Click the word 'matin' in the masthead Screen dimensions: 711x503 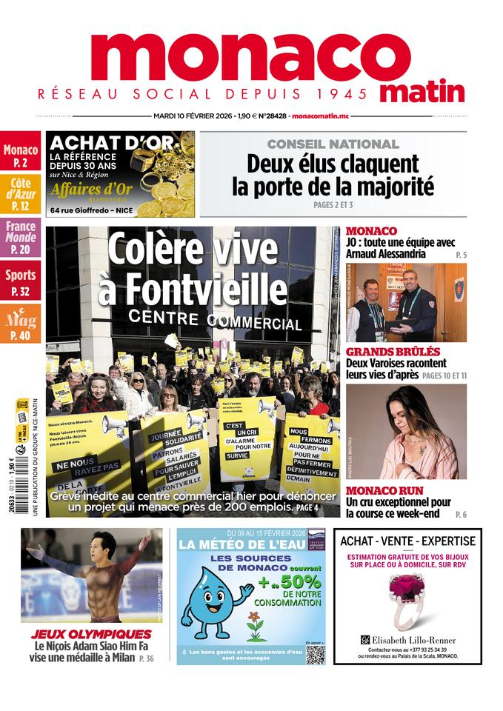pyautogui.click(x=422, y=92)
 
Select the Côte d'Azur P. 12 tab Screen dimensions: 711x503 pyautogui.click(x=20, y=193)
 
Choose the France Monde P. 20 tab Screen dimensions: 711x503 pyautogui.click(x=20, y=237)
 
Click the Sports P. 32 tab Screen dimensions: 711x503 pyautogui.click(x=20, y=281)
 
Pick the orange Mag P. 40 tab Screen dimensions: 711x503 pyautogui.click(x=20, y=324)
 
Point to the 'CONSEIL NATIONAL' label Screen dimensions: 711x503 pyautogui.click(x=333, y=144)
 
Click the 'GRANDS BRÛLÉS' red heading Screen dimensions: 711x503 pyautogui.click(x=393, y=351)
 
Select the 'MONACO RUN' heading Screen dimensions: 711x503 pyautogui.click(x=384, y=490)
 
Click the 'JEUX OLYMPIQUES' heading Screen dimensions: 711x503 pyautogui.click(x=91, y=634)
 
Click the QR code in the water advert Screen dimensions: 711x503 pyautogui.click(x=315, y=654)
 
